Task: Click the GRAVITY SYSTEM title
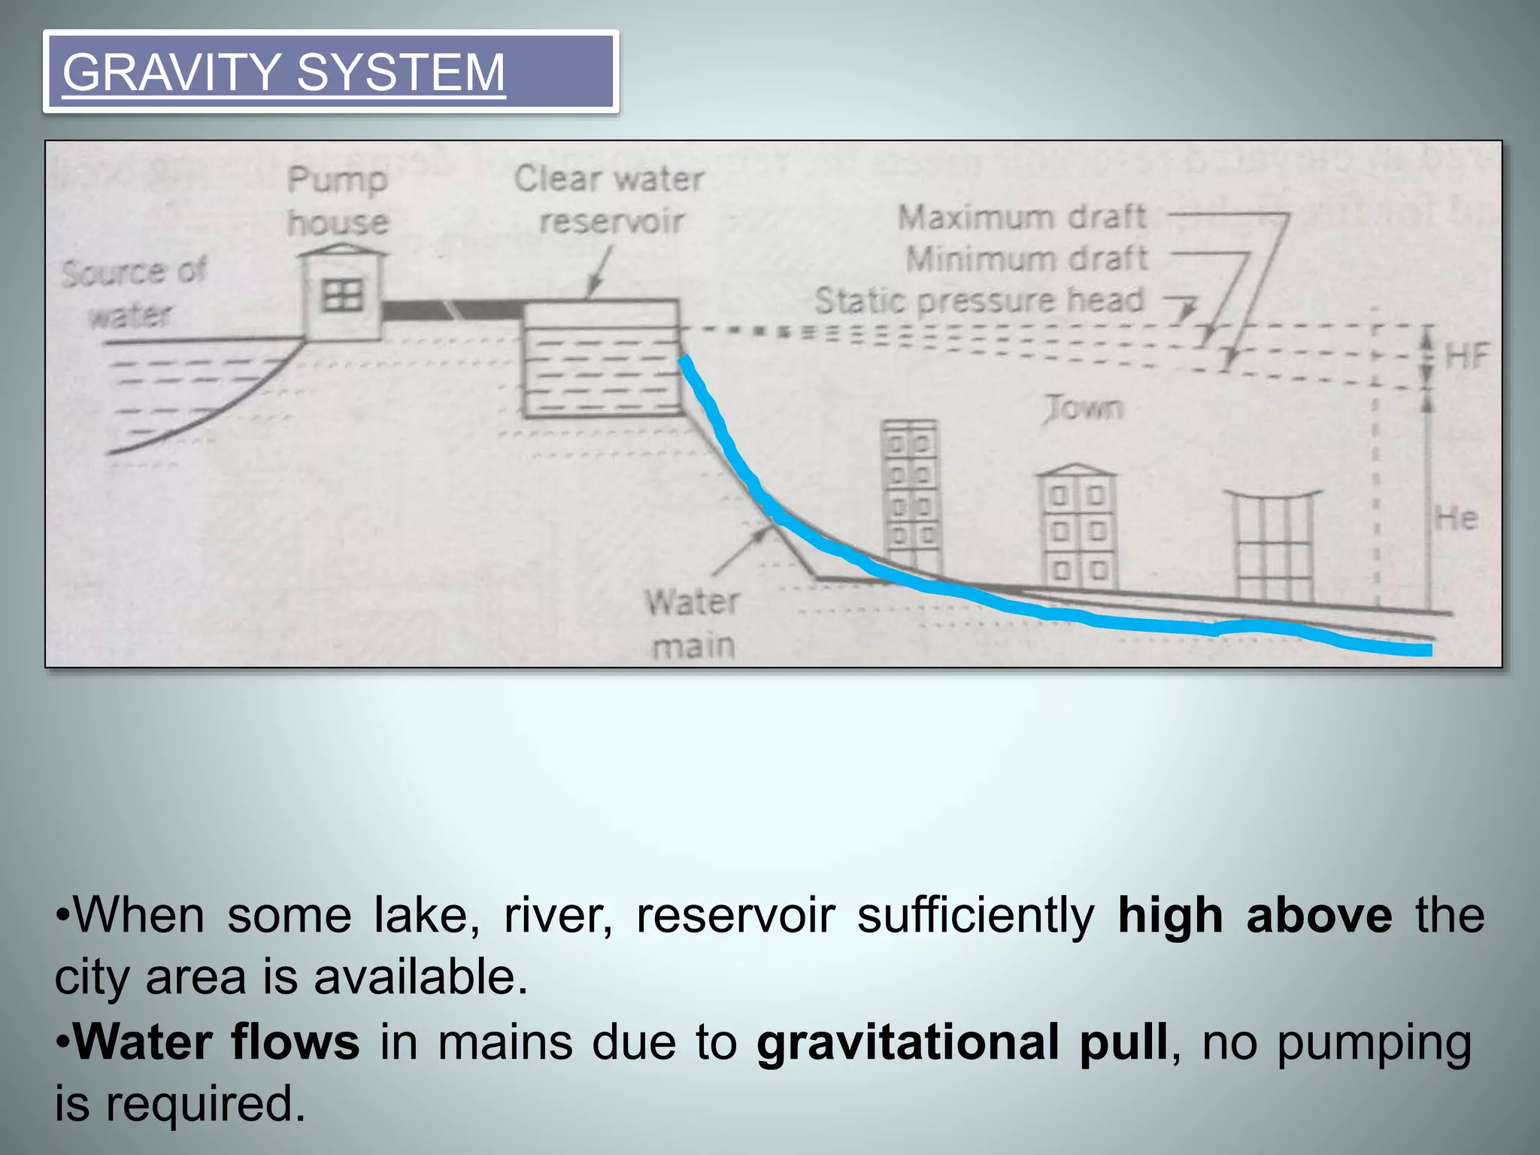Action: point(283,72)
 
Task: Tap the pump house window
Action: point(342,296)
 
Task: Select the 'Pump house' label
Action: point(338,201)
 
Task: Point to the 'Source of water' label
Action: point(133,293)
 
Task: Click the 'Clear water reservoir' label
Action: point(610,199)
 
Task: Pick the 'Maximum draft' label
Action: point(1022,217)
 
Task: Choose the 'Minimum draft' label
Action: point(1026,259)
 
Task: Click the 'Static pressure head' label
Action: point(979,301)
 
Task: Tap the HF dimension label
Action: point(1467,356)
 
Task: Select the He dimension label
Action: point(1457,519)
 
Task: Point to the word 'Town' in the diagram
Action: point(1084,408)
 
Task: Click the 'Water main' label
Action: point(693,624)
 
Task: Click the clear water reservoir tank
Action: point(602,359)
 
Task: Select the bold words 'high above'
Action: point(1254,916)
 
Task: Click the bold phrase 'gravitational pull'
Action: point(962,1042)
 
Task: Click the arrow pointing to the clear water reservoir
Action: point(599,272)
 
